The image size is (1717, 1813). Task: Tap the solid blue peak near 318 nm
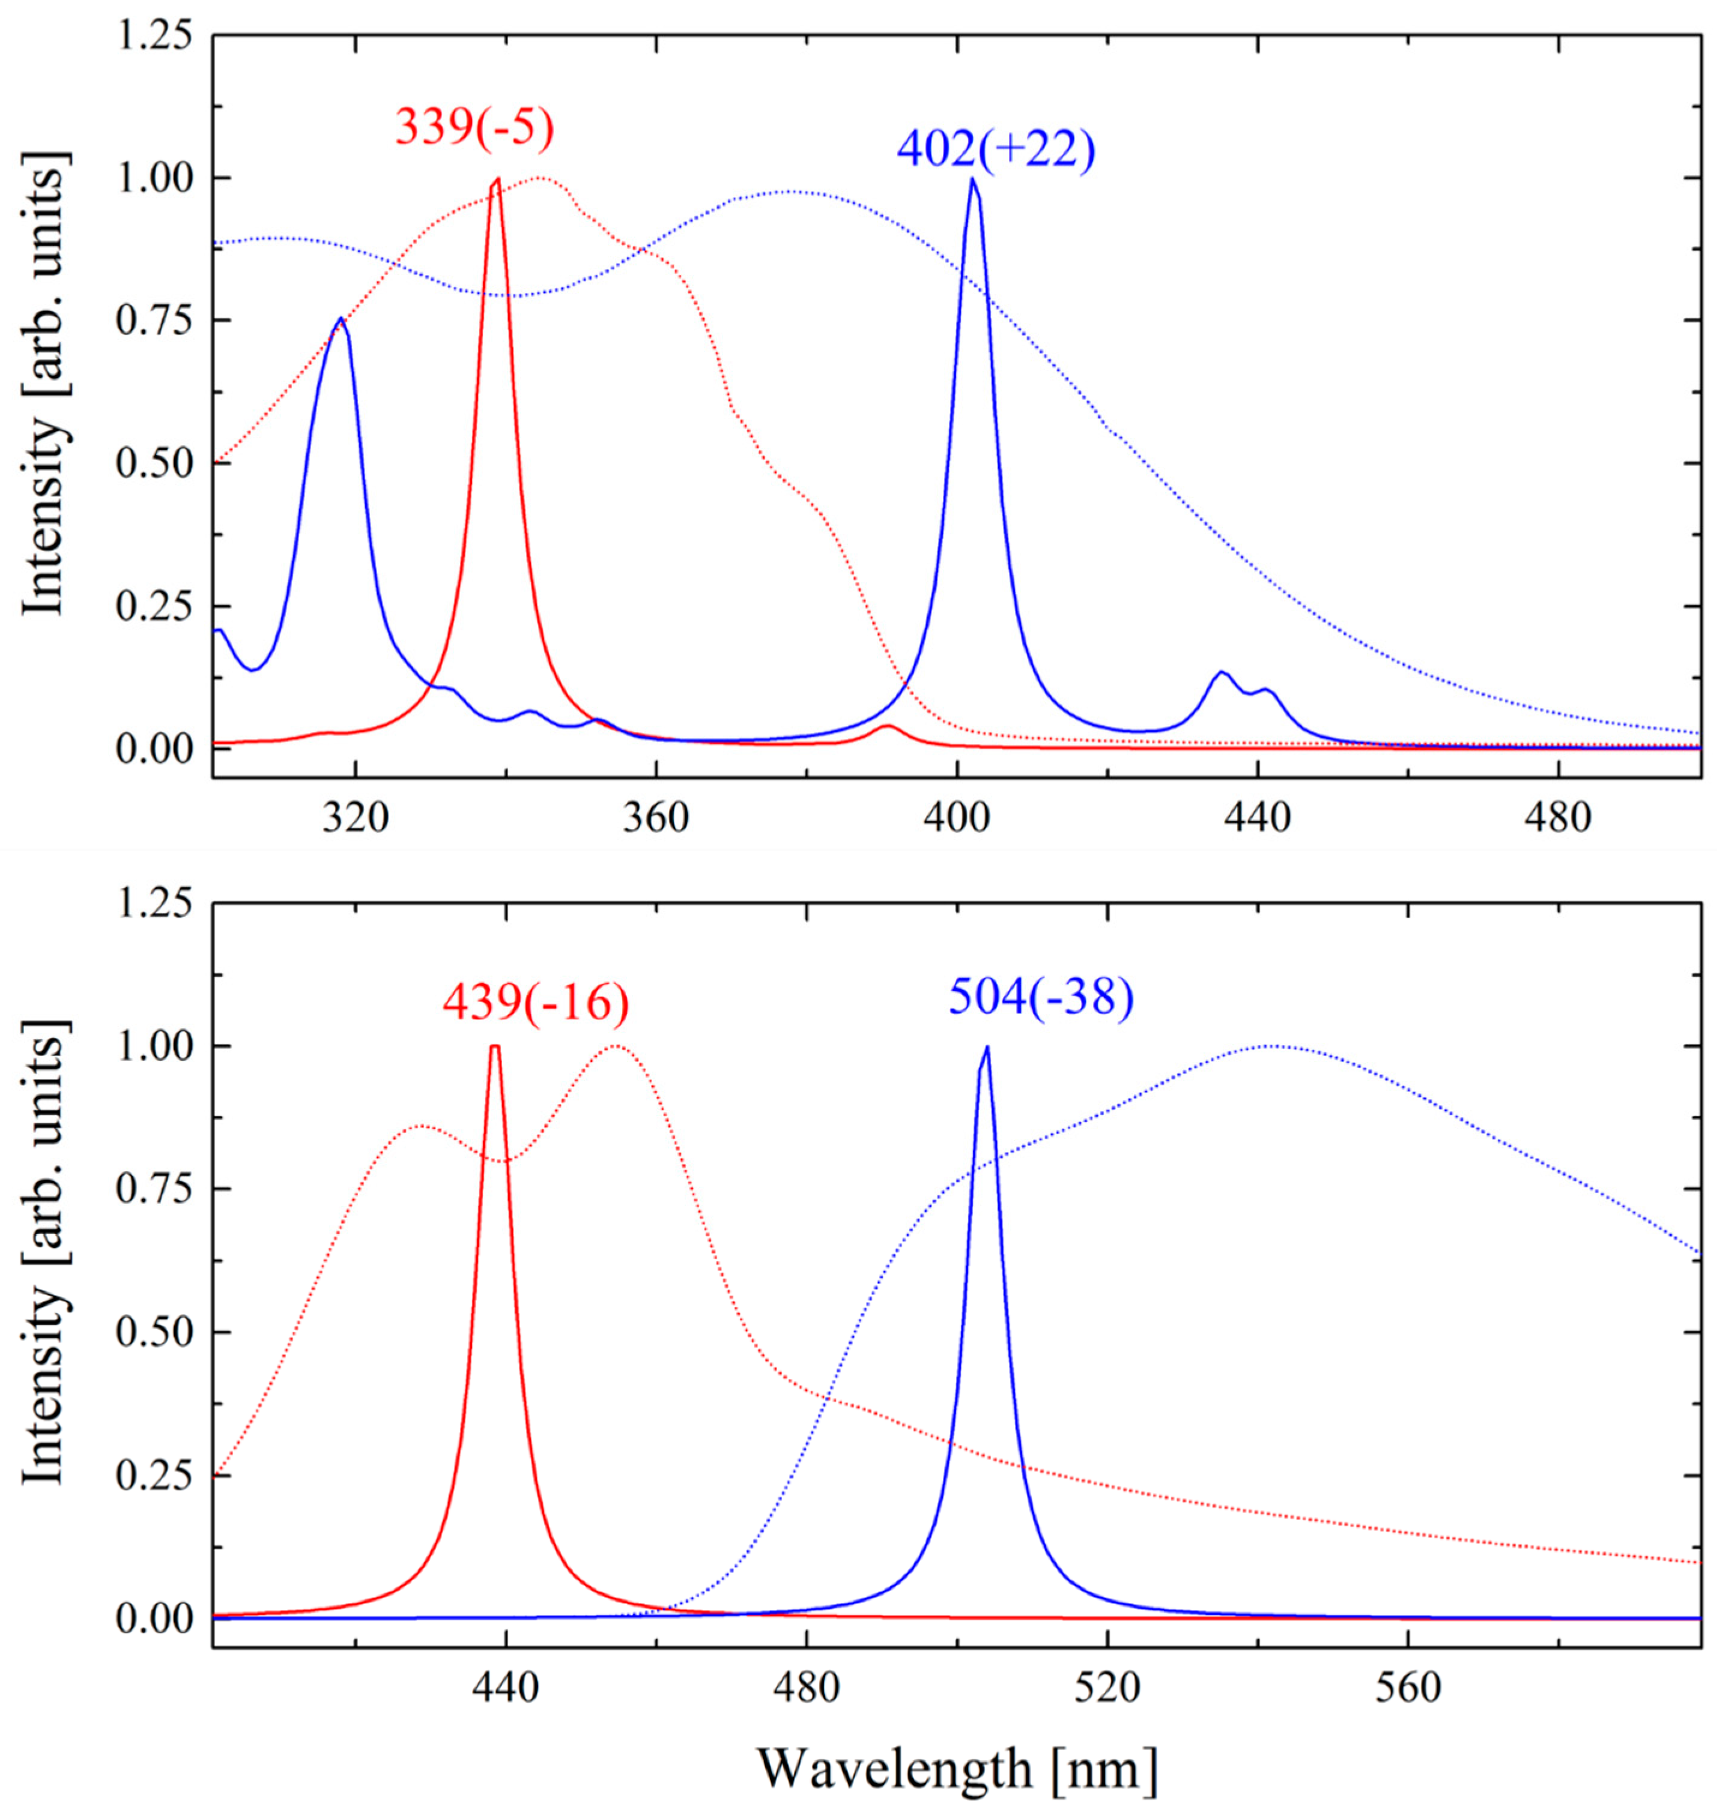(x=341, y=320)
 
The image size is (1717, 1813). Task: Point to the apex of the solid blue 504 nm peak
(x=987, y=1048)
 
